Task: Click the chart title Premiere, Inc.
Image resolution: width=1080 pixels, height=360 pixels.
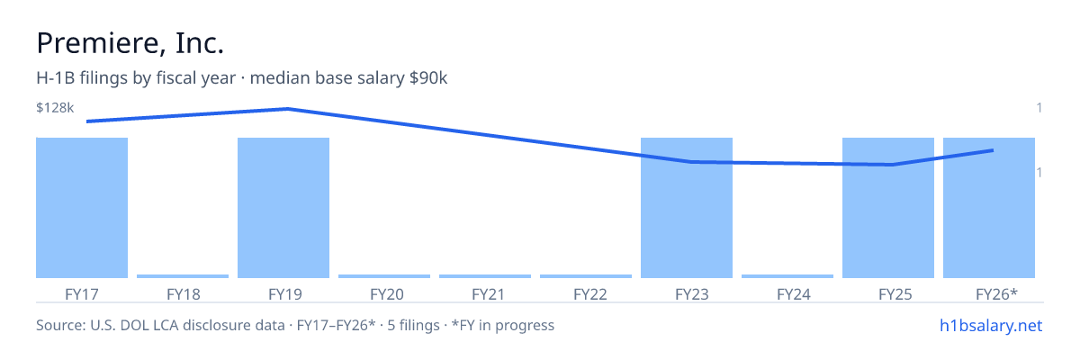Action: pos(130,43)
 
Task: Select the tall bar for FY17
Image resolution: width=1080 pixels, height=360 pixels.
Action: pos(82,208)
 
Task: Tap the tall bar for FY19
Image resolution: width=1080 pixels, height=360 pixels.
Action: pos(283,208)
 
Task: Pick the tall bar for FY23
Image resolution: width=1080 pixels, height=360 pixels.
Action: pos(687,208)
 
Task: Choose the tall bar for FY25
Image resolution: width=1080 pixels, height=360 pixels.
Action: pos(888,208)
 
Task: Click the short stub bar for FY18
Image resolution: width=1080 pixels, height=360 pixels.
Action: pos(183,276)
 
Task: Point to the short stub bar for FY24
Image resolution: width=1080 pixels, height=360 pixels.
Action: pos(787,276)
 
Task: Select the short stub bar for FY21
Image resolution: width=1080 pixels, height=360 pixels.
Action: pos(485,276)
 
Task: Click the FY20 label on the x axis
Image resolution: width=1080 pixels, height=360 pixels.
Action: pos(387,294)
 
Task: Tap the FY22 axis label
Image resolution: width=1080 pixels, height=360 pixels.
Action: pos(590,294)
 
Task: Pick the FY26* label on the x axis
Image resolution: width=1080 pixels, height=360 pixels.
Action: pos(996,294)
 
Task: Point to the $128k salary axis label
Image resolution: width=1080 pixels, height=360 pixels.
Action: pos(55,107)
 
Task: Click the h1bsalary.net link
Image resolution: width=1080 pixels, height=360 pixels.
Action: pos(991,326)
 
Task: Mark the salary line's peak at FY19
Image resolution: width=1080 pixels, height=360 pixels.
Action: pos(288,109)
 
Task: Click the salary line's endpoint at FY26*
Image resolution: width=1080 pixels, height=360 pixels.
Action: pos(993,150)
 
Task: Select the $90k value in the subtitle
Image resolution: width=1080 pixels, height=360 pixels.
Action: pos(428,78)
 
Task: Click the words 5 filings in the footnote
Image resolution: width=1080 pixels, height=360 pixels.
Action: pos(413,326)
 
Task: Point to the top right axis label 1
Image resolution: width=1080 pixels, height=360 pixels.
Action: pos(1039,107)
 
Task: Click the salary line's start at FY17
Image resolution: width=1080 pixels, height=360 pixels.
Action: pos(88,121)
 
